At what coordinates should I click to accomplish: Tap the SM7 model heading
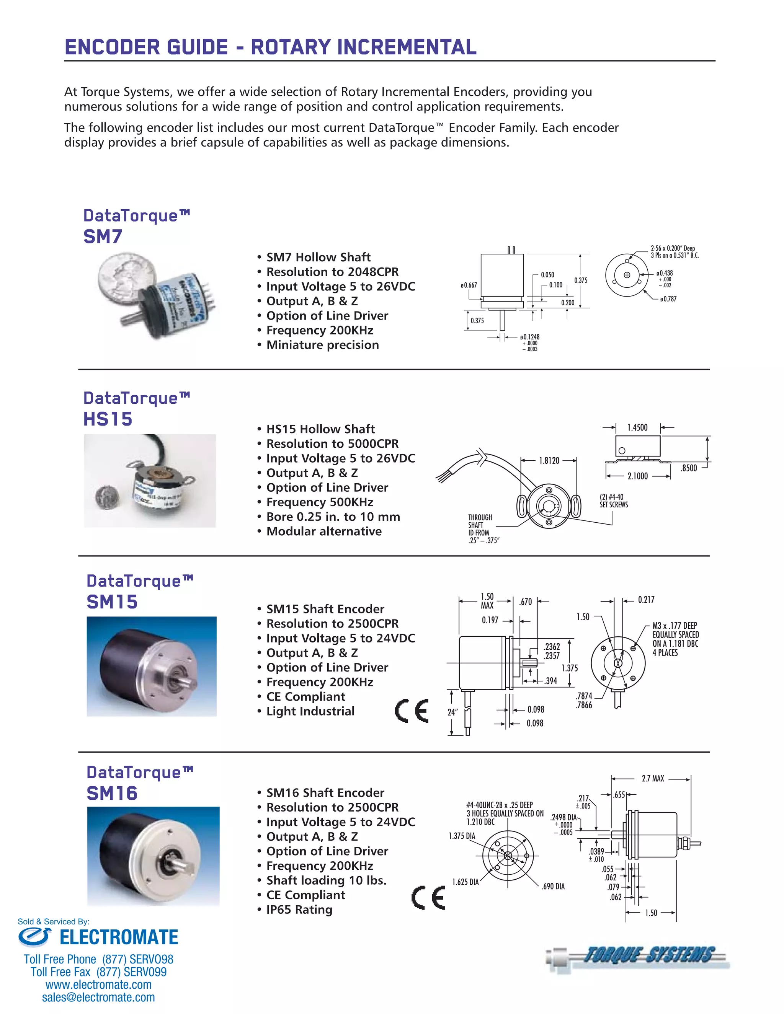click(x=103, y=237)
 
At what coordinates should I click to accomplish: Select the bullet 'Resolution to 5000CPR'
click(x=332, y=444)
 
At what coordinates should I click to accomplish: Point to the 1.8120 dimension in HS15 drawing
click(x=549, y=461)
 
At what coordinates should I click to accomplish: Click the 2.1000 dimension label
click(x=637, y=476)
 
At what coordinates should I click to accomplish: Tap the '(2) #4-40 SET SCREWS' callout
click(x=613, y=501)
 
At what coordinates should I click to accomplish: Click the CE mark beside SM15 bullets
click(x=412, y=711)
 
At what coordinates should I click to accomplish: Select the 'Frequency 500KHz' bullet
click(x=320, y=502)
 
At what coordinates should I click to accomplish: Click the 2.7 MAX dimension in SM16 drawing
click(x=653, y=779)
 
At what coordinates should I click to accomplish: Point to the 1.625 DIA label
click(x=465, y=882)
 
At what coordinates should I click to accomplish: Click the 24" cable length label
click(x=452, y=712)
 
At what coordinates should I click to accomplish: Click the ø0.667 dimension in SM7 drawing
click(x=469, y=285)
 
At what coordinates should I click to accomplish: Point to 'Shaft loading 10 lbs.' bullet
click(x=326, y=880)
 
